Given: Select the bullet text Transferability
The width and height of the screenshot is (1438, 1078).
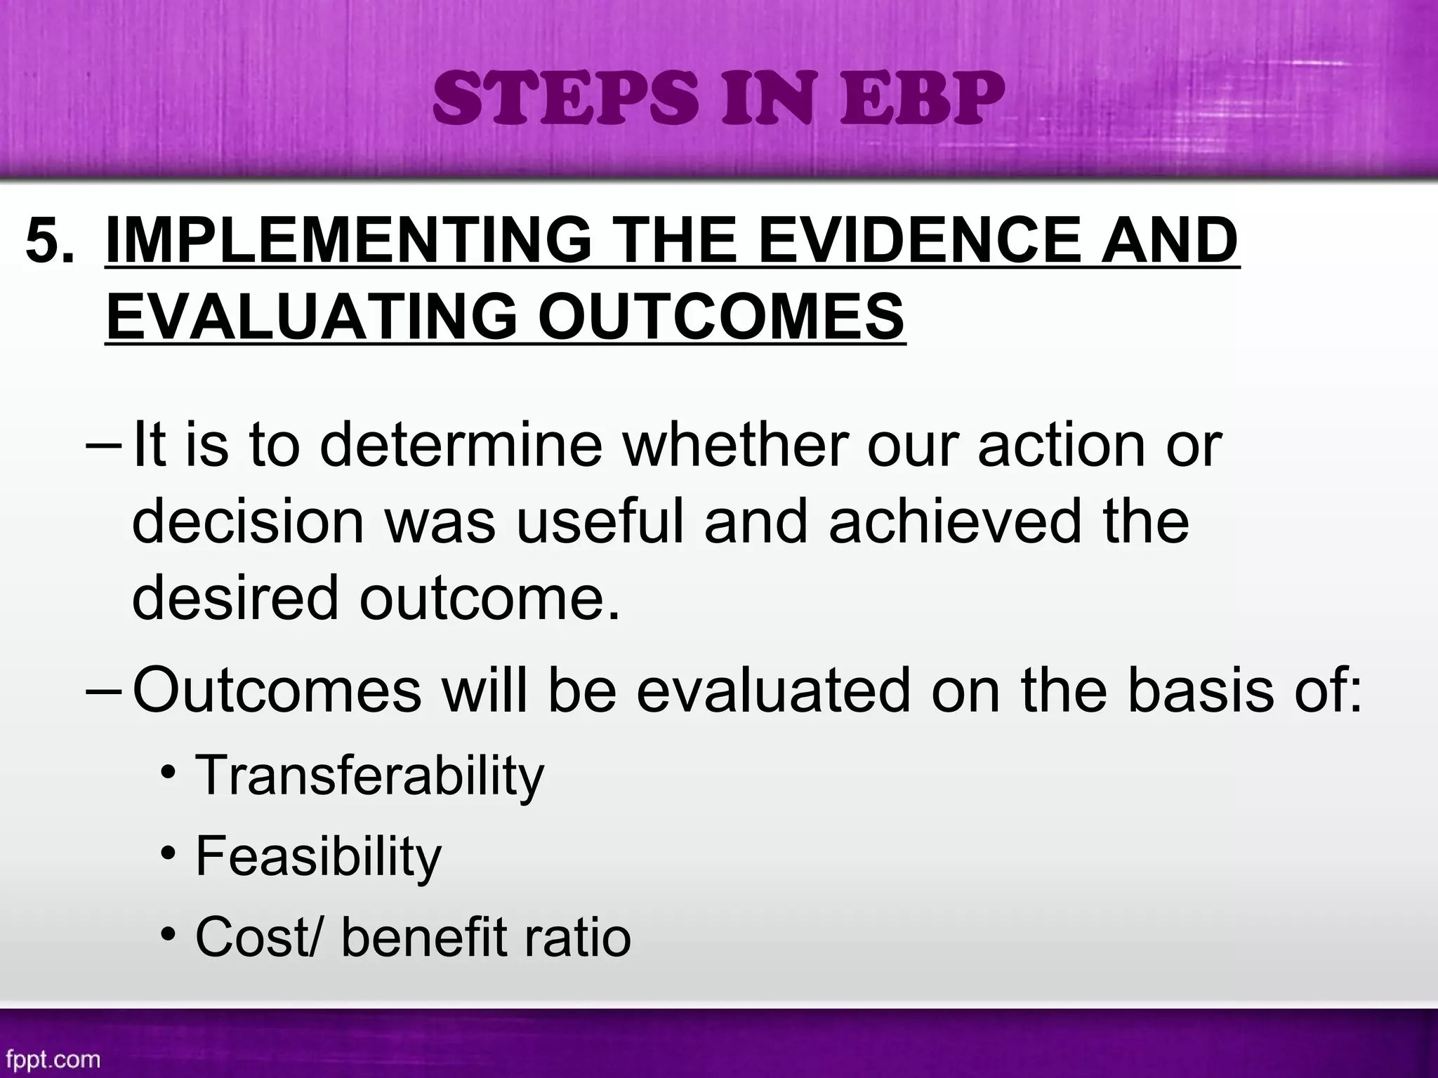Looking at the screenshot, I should pyautogui.click(x=369, y=776).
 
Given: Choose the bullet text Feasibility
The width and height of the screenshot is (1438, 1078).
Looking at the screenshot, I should pyautogui.click(x=318, y=856).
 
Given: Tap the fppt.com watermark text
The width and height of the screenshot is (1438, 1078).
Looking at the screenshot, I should pyautogui.click(x=53, y=1058).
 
